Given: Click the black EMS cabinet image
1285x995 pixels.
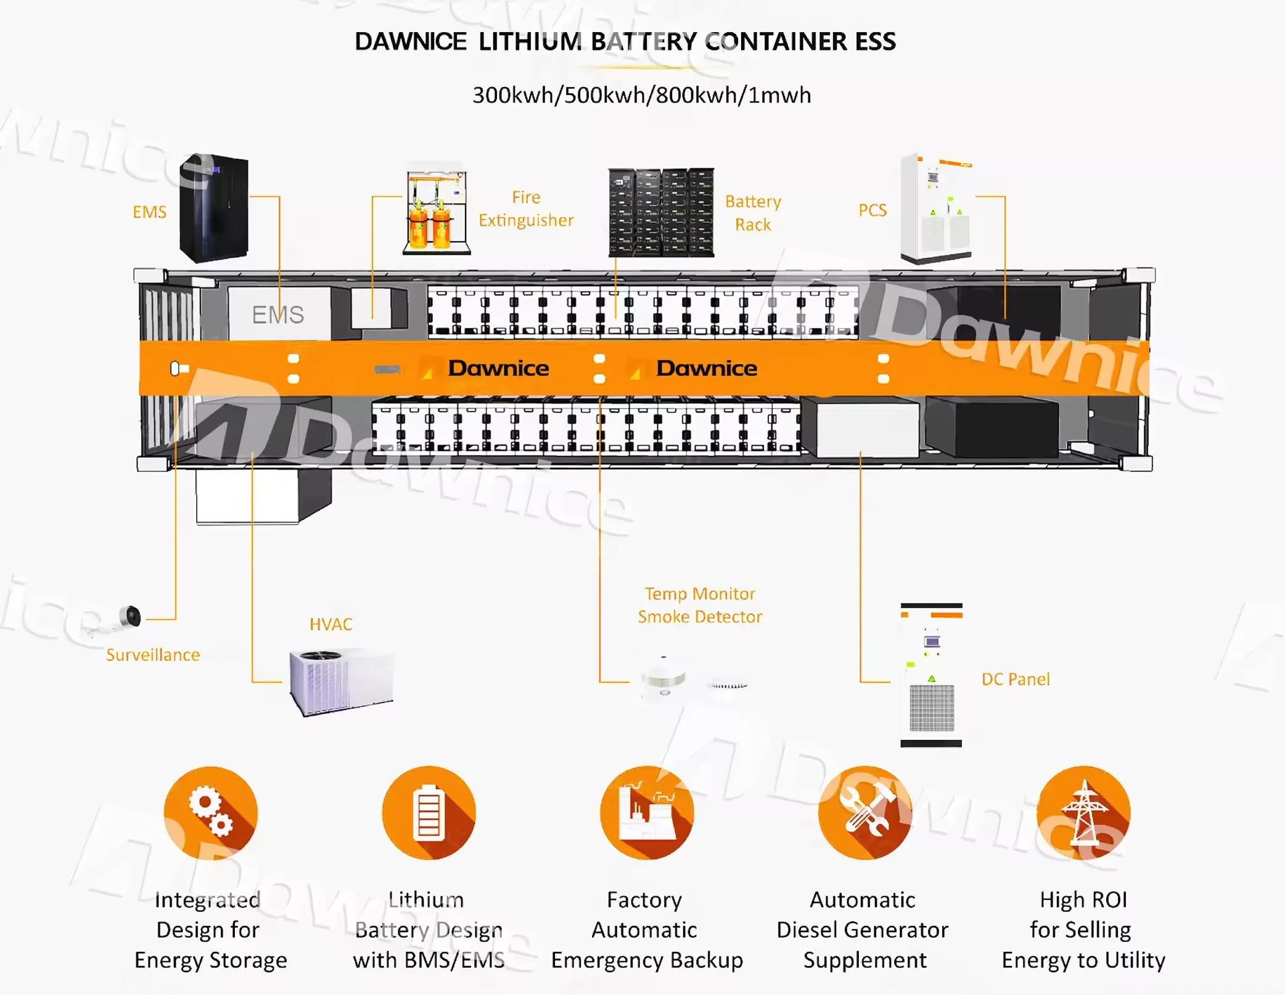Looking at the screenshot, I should pos(214,208).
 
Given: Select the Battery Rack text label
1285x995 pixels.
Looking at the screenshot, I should pos(753,213).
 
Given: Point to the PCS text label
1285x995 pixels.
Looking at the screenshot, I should pos(872,210).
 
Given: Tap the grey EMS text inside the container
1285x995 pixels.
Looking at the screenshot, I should pos(277,315).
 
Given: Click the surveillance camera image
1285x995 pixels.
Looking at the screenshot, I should pos(128,617).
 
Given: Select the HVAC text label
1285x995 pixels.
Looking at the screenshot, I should pos(331,624).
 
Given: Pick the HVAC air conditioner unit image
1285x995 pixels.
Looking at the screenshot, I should pos(341,681).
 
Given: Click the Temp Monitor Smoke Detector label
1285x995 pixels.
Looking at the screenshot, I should pos(700,605).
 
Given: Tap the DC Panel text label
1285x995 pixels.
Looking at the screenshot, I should pos(1016,679).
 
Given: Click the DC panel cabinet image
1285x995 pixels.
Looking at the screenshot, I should pos(931,675).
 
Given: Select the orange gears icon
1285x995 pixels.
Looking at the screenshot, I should pos(211,813).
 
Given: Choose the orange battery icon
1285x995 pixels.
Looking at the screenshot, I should pos(429,813).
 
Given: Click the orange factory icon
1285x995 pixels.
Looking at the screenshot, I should pos(647,813).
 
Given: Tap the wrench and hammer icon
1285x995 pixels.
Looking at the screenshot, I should pos(865,813).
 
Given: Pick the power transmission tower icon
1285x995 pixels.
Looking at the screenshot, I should pos(1083,813).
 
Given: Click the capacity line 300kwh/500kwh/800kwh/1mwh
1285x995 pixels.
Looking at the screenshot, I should pos(641,96).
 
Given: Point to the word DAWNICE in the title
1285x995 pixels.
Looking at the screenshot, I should pos(411,42).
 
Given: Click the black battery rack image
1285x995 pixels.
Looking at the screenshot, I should pos(661,213).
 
